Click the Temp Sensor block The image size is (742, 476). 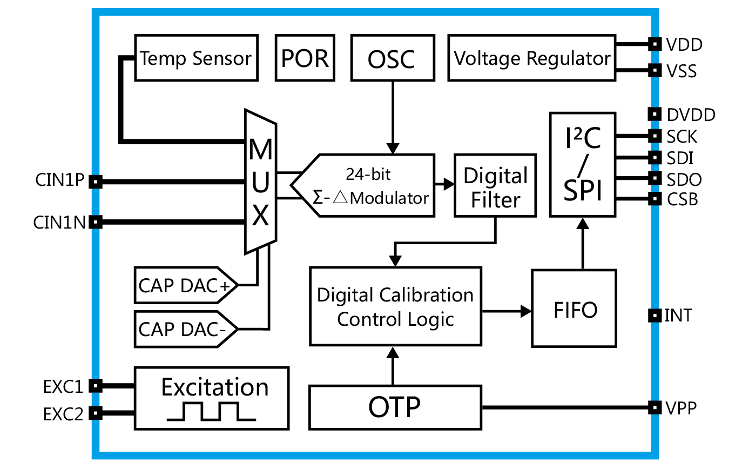point(196,58)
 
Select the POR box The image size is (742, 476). point(305,58)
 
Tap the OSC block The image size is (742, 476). point(393,58)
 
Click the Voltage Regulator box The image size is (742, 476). point(531,58)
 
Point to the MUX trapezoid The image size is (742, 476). point(261,182)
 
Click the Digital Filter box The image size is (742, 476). point(495,186)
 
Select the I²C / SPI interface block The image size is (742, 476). point(583,165)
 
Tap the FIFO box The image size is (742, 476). point(574,309)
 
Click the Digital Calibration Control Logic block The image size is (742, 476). point(395,306)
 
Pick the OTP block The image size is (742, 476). point(395,407)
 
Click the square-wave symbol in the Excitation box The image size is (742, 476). point(211,411)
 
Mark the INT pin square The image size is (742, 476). point(655,315)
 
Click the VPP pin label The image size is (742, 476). point(681,408)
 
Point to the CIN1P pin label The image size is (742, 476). point(59,180)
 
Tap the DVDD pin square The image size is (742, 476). point(655,114)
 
